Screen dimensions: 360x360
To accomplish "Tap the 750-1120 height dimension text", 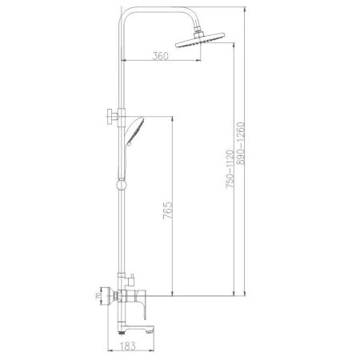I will click(x=230, y=168).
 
